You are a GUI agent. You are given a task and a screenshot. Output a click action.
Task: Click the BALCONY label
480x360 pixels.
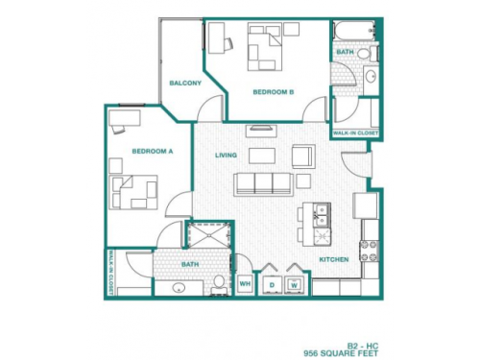(185, 83)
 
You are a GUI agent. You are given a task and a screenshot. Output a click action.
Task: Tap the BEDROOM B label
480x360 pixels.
(273, 92)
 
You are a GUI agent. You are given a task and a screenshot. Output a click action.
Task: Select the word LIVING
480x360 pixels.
(226, 154)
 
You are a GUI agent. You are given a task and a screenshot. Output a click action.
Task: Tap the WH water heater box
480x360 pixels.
(244, 284)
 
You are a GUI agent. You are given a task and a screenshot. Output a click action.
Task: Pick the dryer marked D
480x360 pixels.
(271, 284)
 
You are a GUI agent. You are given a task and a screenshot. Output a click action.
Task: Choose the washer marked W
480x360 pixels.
(294, 284)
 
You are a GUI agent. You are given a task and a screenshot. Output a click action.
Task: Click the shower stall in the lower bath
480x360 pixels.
(206, 239)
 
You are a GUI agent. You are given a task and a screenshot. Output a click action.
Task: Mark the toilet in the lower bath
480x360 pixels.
(219, 282)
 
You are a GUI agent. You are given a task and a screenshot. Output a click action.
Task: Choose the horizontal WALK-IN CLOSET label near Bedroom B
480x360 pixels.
(355, 132)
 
